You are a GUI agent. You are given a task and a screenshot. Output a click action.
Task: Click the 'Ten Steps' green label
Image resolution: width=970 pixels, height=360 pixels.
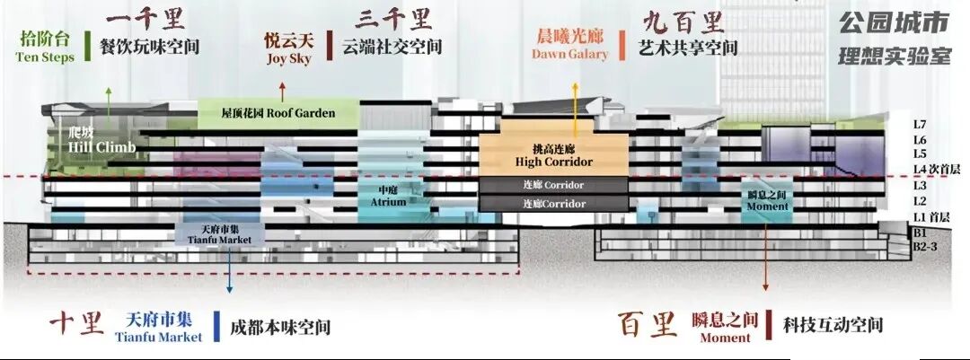(x=45, y=57)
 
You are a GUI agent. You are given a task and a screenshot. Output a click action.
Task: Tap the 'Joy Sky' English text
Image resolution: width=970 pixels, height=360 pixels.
(x=288, y=59)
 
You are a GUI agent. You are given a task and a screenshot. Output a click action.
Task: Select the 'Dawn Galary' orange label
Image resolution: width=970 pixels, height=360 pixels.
(x=569, y=55)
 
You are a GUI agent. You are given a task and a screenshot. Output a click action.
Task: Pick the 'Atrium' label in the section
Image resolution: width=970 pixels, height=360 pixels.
(x=388, y=197)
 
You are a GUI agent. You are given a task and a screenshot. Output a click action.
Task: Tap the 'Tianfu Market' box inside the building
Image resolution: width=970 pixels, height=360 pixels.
(x=220, y=236)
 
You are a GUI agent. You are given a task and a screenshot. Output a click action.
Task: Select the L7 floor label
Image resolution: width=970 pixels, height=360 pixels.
(x=920, y=125)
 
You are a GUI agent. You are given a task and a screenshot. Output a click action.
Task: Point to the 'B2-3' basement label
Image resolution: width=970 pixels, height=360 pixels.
(x=925, y=246)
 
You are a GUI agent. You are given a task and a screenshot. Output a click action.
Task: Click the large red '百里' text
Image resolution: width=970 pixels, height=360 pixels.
(x=648, y=324)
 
